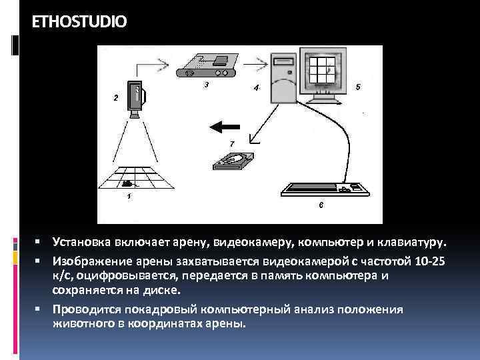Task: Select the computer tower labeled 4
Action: pyautogui.click(x=281, y=77)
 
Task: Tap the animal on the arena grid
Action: pyautogui.click(x=127, y=182)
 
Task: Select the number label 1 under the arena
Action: pyautogui.click(x=128, y=197)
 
